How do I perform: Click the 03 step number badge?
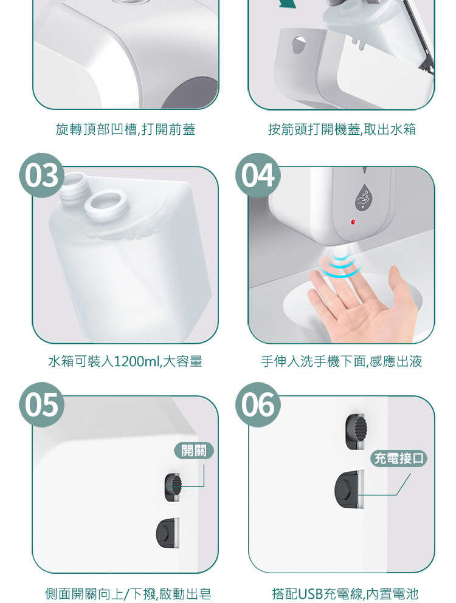(x=41, y=175)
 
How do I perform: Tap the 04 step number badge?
(x=258, y=175)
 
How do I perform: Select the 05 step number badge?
(x=41, y=404)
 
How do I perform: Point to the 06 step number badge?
(x=258, y=404)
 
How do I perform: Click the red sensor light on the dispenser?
(x=353, y=222)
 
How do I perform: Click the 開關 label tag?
(x=194, y=451)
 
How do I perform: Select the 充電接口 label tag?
(x=399, y=458)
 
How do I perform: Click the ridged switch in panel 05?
(x=173, y=487)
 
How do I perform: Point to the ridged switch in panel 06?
(x=356, y=432)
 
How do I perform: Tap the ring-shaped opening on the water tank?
(x=106, y=203)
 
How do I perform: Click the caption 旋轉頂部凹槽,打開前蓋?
(x=126, y=129)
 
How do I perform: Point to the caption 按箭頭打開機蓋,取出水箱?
(x=342, y=129)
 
